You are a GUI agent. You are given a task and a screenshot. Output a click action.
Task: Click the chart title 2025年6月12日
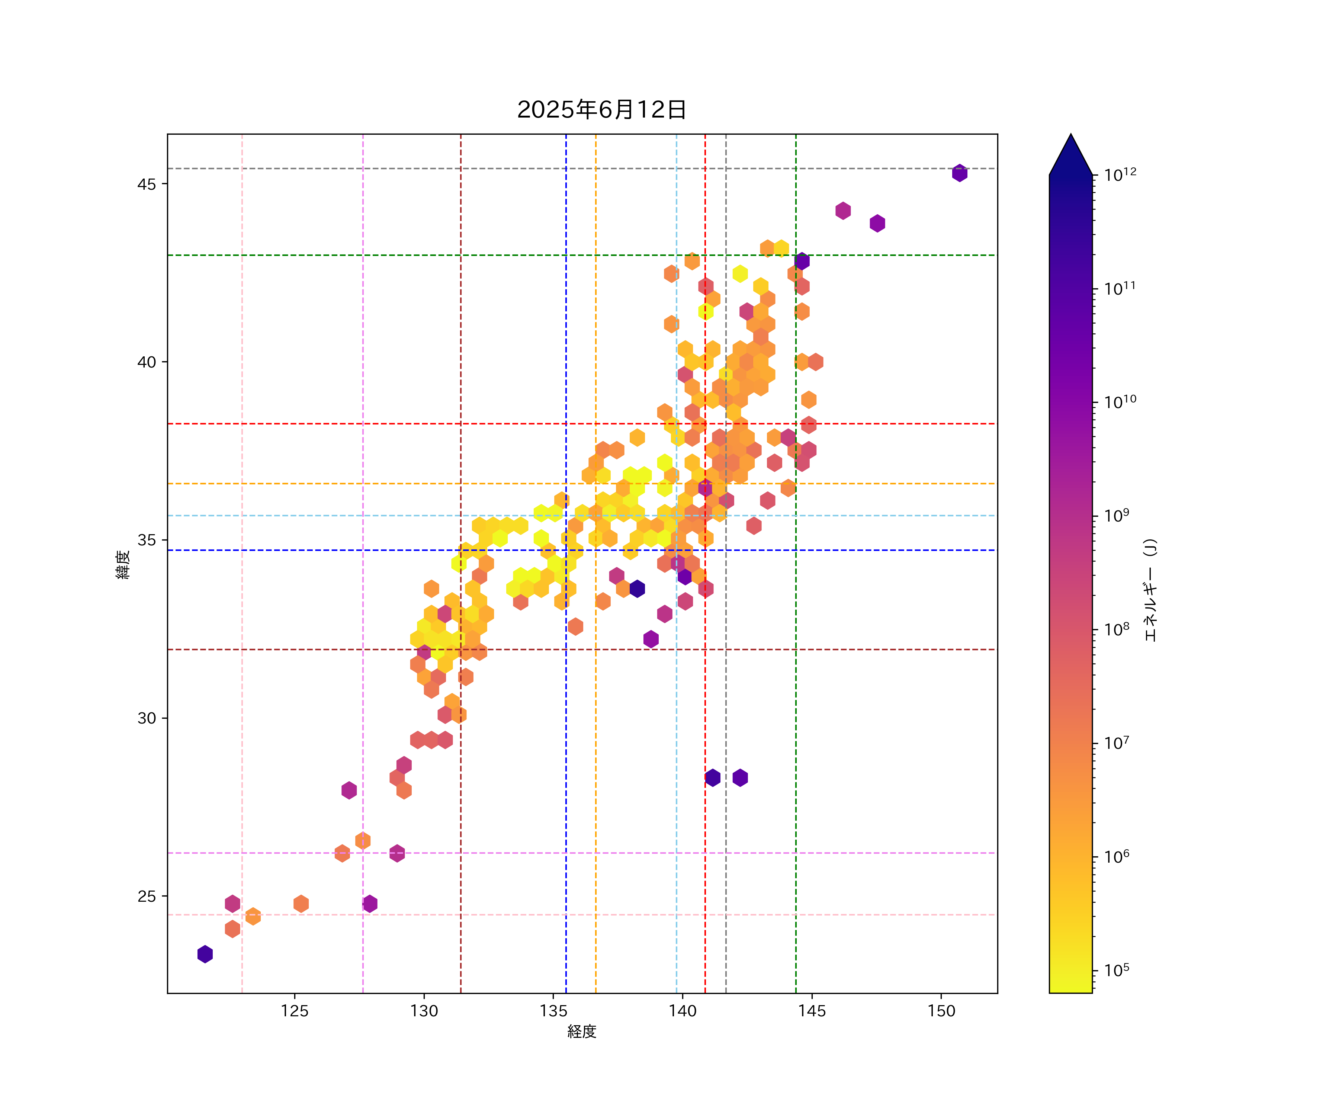point(601,110)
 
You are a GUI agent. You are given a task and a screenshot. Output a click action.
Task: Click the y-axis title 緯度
point(123,564)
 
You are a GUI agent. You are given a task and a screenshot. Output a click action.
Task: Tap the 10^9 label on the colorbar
point(1117,515)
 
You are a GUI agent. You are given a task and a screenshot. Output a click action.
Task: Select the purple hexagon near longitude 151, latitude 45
point(960,173)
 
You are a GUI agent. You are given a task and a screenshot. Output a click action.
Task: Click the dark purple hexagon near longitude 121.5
point(205,954)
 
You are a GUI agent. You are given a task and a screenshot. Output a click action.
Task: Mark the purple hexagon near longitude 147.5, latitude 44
point(877,223)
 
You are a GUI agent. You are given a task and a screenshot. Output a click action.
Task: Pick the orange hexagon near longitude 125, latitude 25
point(301,904)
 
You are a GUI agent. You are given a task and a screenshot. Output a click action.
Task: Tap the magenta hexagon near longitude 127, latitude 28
point(349,790)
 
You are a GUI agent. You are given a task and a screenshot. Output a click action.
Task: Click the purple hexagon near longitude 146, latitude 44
point(843,211)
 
